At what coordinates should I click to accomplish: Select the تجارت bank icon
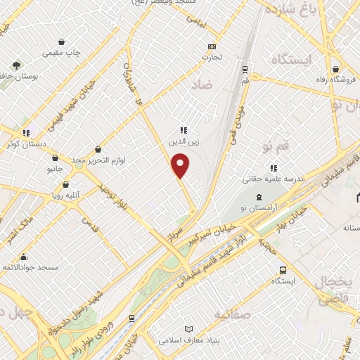[210, 47]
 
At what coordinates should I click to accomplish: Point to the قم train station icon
[245, 70]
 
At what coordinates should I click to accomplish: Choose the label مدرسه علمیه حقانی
[273, 180]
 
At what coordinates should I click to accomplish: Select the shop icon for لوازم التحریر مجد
[97, 149]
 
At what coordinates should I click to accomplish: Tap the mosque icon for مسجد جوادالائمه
[25, 257]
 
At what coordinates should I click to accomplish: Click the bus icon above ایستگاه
[283, 270]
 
